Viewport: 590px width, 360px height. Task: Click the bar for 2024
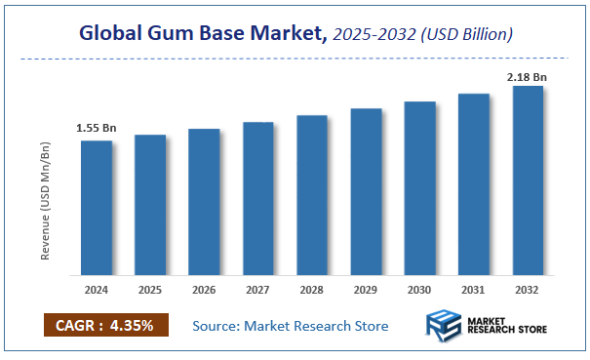coord(97,208)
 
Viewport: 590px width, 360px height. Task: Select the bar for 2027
coord(258,198)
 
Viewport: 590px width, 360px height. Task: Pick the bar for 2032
coord(528,180)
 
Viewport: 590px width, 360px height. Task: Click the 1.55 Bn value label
coord(96,129)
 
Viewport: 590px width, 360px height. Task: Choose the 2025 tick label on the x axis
coord(150,291)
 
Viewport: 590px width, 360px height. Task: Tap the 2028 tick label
coord(312,291)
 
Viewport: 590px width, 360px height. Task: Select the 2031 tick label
coord(474,291)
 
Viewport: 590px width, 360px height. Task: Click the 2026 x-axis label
coord(204,291)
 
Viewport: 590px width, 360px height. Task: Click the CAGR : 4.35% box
coord(106,325)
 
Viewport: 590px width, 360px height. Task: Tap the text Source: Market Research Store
coord(291,326)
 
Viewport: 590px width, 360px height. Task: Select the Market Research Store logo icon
coord(445,326)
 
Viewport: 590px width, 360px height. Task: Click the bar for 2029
coord(366,191)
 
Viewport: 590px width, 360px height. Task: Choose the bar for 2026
coord(204,202)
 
